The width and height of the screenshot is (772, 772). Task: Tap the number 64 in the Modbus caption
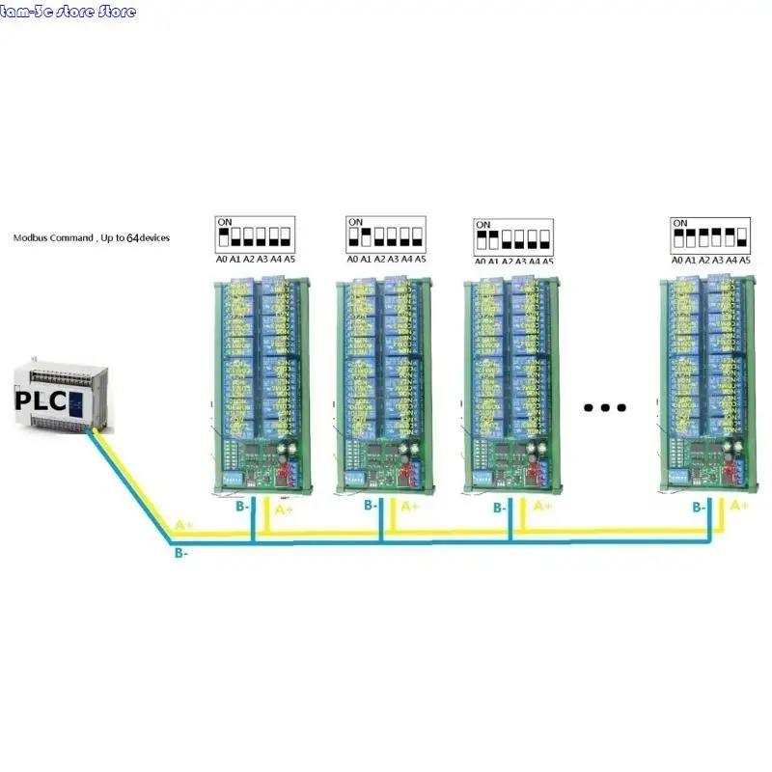[132, 237]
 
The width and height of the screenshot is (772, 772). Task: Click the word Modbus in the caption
[34, 237]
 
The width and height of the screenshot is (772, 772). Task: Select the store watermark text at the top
[69, 12]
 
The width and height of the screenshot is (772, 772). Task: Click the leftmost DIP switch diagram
[255, 234]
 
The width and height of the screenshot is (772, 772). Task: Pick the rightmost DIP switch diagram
[711, 234]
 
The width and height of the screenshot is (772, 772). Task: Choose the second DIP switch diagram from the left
[386, 234]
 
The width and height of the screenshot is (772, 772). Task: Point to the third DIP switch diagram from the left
[513, 236]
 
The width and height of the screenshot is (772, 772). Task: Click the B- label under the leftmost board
[243, 505]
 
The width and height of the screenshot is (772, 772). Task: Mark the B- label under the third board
[500, 508]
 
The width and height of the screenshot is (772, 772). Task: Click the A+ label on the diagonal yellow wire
[184, 526]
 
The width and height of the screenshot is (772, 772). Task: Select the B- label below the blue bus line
[180, 555]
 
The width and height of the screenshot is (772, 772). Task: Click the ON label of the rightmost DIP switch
[680, 223]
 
